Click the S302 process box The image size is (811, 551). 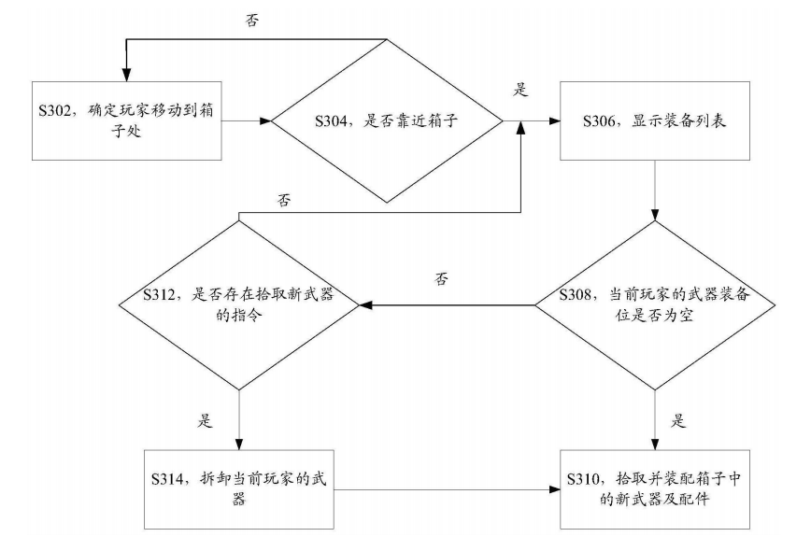point(127,120)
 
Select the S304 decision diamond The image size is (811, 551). point(388,121)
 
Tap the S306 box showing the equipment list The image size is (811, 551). point(655,120)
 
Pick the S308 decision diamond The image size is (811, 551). point(655,305)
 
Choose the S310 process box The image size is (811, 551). point(655,489)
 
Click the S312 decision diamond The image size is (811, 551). point(239,305)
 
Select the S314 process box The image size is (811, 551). point(239,489)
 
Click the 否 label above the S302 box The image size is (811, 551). point(252,21)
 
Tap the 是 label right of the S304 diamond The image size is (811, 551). point(520,90)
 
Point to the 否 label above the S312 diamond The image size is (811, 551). point(284,200)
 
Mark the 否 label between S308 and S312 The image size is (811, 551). point(441,279)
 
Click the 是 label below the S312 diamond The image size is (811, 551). point(205,420)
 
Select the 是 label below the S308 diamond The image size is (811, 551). point(678,420)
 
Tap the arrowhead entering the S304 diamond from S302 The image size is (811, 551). point(265,121)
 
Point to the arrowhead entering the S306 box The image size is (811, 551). point(554,121)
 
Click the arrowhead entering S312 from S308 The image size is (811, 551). point(365,305)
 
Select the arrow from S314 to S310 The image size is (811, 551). point(447,489)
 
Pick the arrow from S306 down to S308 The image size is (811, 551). point(655,191)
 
